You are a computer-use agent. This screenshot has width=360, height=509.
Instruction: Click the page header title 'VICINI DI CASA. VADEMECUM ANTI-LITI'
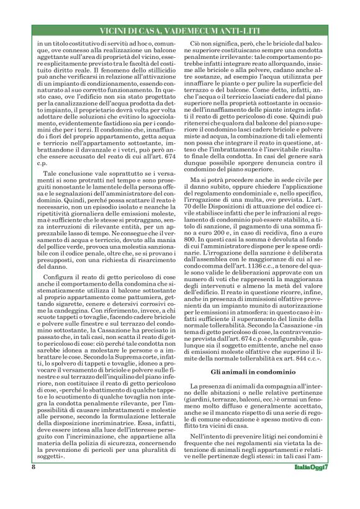180,30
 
